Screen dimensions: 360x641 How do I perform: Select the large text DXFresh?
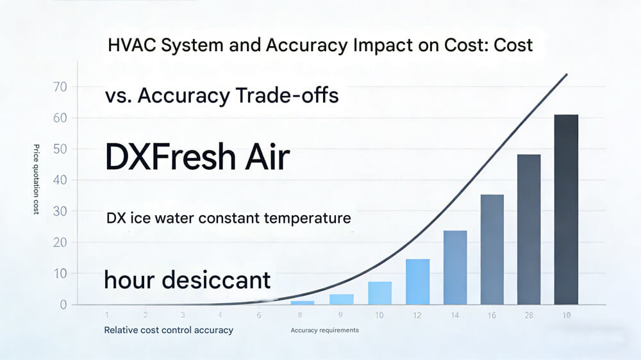pyautogui.click(x=169, y=158)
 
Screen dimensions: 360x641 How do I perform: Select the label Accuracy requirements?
pyautogui.click(x=324, y=331)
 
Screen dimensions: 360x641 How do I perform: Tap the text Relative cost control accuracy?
pyautogui.click(x=169, y=330)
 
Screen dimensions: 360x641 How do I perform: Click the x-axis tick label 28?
pyautogui.click(x=529, y=316)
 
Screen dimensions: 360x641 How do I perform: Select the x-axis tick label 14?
pyautogui.click(x=455, y=316)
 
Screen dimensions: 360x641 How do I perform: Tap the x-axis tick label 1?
pyautogui.click(x=106, y=316)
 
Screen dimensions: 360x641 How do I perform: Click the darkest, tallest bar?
pyautogui.click(x=566, y=209)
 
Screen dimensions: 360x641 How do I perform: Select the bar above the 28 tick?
pyautogui.click(x=529, y=229)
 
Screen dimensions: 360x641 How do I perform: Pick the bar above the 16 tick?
pyautogui.click(x=492, y=249)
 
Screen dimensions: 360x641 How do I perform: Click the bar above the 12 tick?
pyautogui.click(x=417, y=281)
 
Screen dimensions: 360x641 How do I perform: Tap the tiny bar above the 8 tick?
pyautogui.click(x=303, y=302)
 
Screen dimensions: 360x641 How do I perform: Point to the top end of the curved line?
pyautogui.click(x=567, y=74)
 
